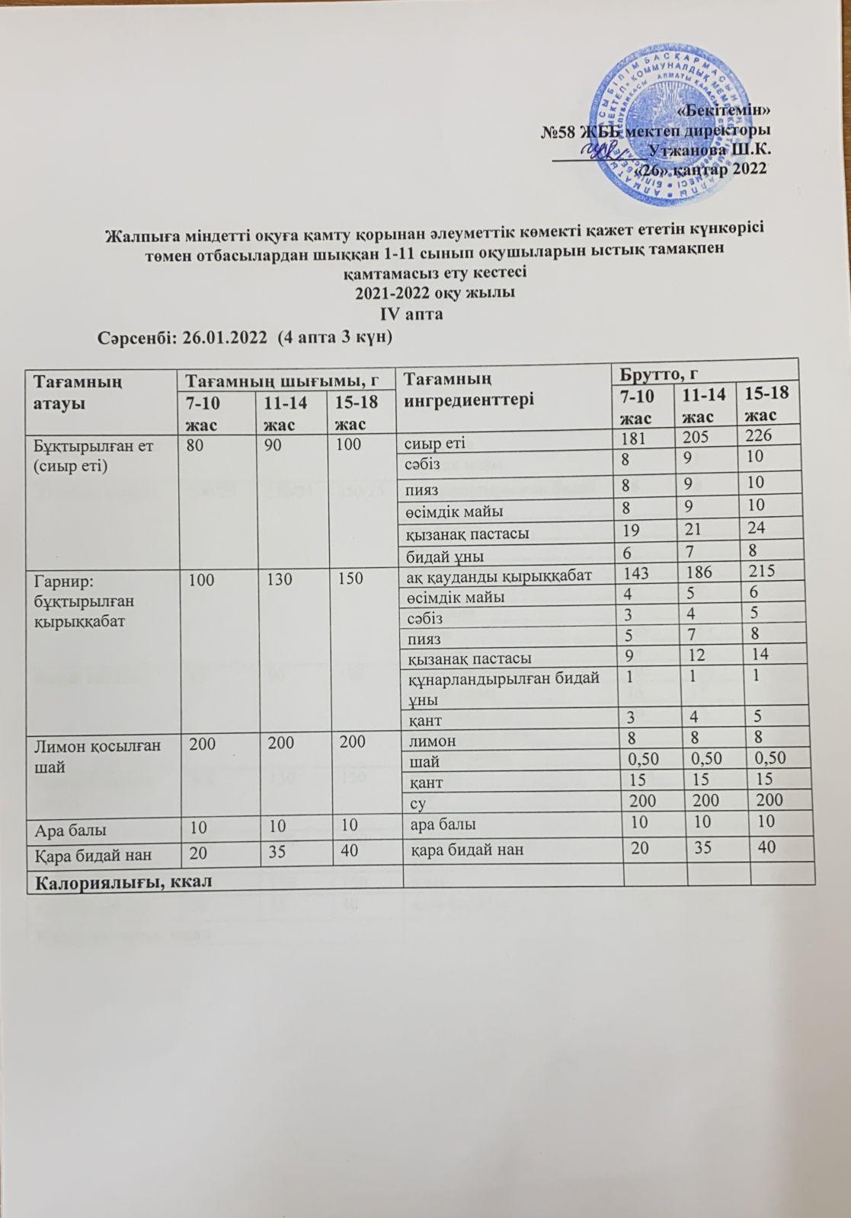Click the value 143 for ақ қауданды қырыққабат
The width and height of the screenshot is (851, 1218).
point(636,571)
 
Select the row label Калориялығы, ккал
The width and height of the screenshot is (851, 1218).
point(120,880)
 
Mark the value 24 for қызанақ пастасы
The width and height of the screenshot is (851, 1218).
point(758,528)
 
